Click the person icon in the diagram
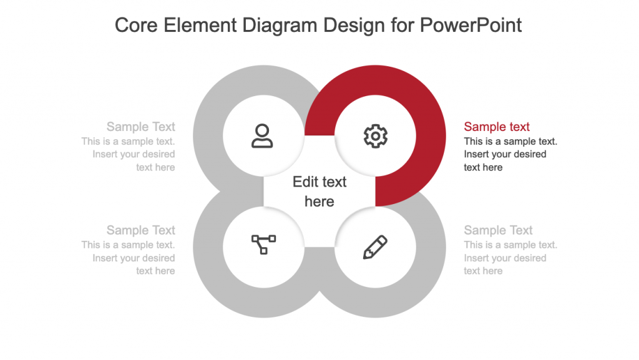pyautogui.click(x=262, y=135)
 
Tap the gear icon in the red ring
pyautogui.click(x=375, y=135)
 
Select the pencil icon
pyautogui.click(x=375, y=247)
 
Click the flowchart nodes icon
pyautogui.click(x=263, y=244)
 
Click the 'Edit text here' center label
pyautogui.click(x=319, y=192)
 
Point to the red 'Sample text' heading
pyautogui.click(x=497, y=127)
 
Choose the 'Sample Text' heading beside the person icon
pyautogui.click(x=140, y=127)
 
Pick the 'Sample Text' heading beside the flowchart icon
pyautogui.click(x=140, y=230)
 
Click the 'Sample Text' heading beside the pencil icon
pyautogui.click(x=498, y=230)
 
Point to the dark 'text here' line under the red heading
pyautogui.click(x=483, y=167)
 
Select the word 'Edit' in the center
pyautogui.click(x=305, y=182)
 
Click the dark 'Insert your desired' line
pyautogui.click(x=505, y=154)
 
